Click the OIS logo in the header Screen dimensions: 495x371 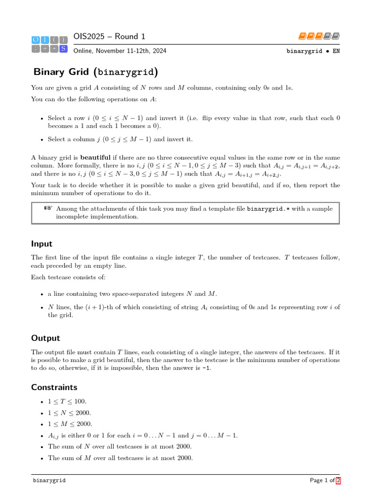tap(49, 44)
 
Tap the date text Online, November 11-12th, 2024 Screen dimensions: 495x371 tap(120, 51)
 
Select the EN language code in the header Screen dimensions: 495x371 tap(336, 51)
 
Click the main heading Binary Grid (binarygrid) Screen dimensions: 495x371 tap(95, 72)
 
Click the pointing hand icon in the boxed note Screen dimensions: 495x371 tap(48, 208)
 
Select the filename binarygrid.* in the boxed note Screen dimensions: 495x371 tap(269, 209)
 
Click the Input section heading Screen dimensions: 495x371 tap(42, 244)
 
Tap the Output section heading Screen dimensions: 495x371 tap(45, 338)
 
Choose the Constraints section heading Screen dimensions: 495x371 tap(54, 387)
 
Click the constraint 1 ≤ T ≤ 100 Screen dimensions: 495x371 tap(67, 402)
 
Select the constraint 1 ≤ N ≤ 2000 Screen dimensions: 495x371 tap(69, 413)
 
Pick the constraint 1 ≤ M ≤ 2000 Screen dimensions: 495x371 tap(70, 424)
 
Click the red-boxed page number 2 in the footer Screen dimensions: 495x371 tap(338, 480)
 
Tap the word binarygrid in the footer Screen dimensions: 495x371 tap(49, 480)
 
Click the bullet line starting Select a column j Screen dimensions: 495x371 tap(120, 139)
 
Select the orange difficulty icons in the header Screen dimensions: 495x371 tap(319, 36)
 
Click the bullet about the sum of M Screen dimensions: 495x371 tap(120, 458)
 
